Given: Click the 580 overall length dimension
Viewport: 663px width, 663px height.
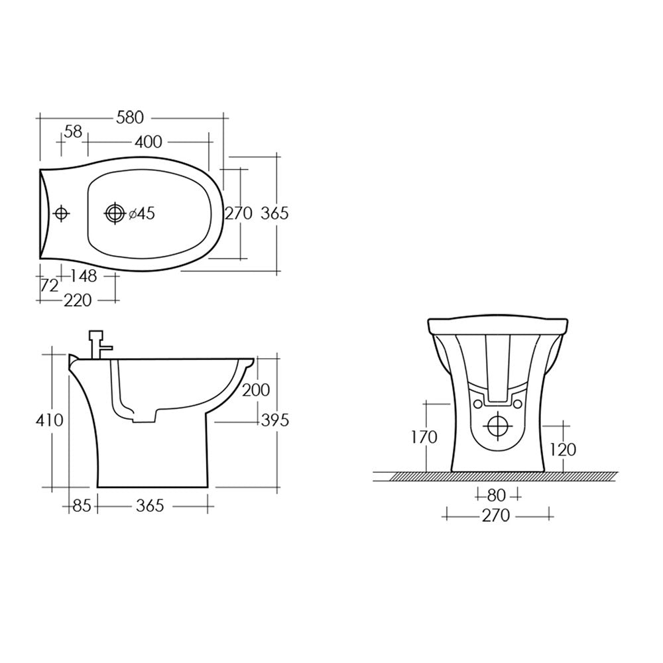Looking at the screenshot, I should [130, 117].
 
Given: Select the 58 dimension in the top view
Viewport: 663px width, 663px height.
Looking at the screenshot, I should [74, 132].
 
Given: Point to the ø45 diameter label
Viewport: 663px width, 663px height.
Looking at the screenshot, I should [141, 213].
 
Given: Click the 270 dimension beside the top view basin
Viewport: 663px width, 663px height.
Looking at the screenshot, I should [239, 213].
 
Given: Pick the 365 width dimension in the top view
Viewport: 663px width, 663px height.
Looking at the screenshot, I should [274, 213].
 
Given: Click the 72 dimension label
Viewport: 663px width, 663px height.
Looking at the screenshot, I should [50, 286].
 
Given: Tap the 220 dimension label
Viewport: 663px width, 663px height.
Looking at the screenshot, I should [78, 300].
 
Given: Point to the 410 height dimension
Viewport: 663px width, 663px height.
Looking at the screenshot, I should [50, 420].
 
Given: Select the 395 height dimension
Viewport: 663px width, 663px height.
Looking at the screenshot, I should [274, 420].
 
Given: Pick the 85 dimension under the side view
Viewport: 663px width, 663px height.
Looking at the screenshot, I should [81, 506].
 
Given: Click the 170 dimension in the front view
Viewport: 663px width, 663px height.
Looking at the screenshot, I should [424, 437].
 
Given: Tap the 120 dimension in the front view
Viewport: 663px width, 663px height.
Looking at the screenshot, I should [563, 450].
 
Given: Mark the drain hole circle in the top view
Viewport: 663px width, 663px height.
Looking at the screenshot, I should [115, 213].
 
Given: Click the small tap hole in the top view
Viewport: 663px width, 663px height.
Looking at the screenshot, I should [61, 213].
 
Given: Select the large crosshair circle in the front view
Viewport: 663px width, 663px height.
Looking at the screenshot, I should [497, 425].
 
